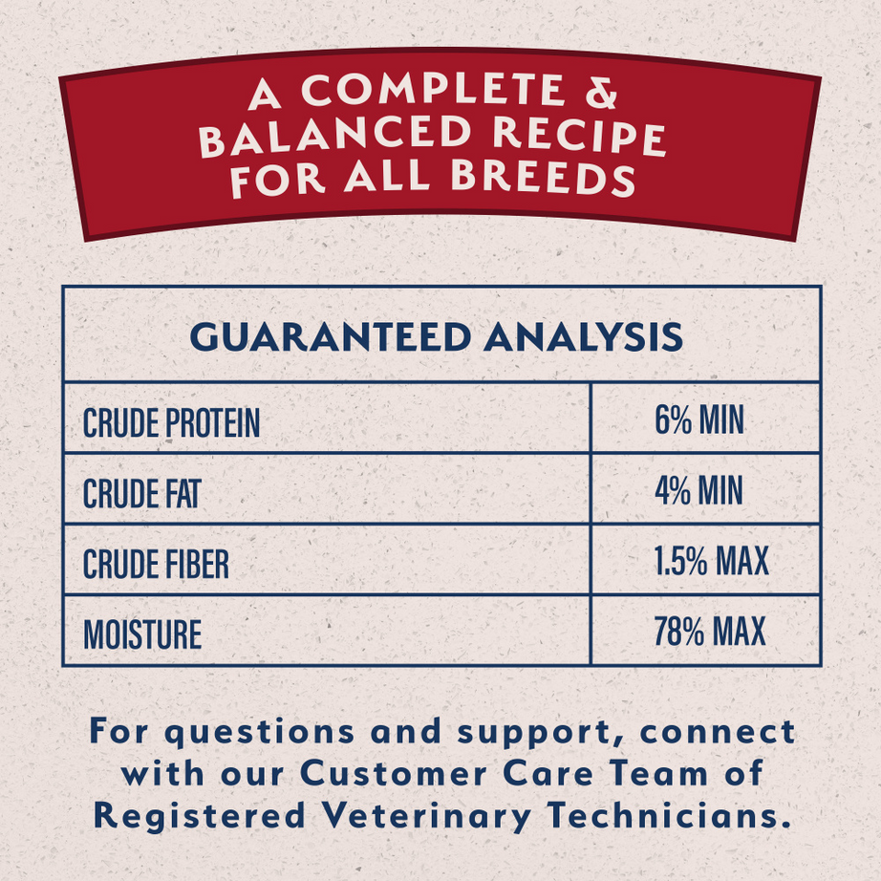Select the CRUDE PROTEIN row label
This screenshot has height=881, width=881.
click(171, 423)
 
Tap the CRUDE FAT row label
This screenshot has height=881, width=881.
click(141, 494)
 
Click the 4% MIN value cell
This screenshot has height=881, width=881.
click(698, 491)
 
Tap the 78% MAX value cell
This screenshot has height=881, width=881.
click(709, 632)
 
